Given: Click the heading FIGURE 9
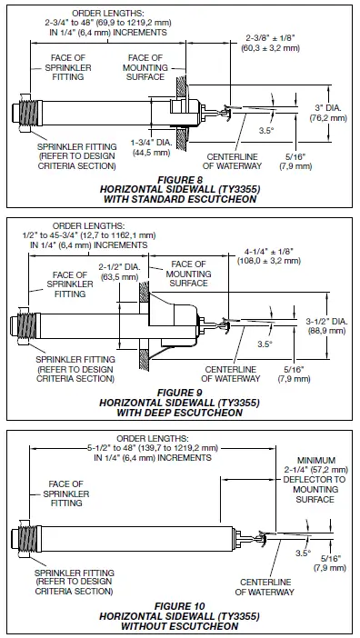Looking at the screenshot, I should click(179, 393).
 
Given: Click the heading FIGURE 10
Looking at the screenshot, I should click(179, 604).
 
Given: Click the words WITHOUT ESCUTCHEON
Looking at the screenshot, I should click(179, 624).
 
